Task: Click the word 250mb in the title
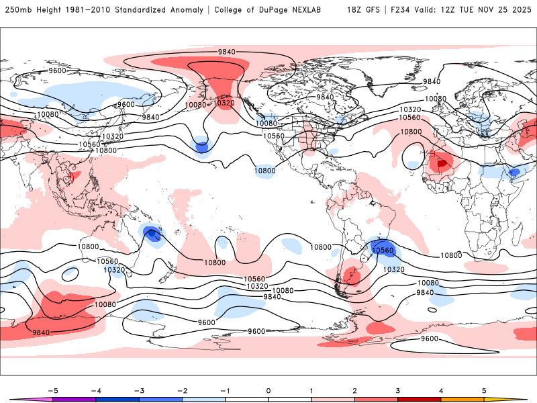click(17, 10)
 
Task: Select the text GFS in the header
click(371, 10)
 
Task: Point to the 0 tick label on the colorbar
click(268, 390)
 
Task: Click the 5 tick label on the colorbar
click(484, 390)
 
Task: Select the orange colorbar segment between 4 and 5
click(462, 399)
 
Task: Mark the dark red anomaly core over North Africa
click(442, 162)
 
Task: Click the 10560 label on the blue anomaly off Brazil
click(383, 250)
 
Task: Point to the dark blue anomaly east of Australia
click(152, 234)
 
